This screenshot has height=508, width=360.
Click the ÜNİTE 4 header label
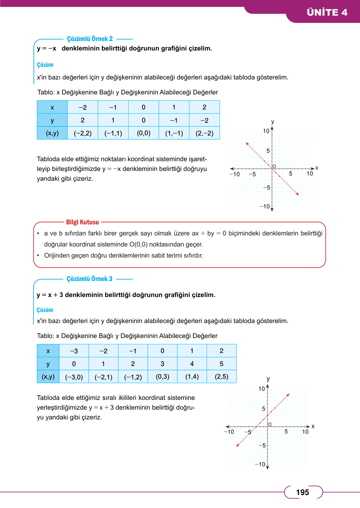point(327,12)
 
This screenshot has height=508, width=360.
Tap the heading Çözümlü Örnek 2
point(90,39)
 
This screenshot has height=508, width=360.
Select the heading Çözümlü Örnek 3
point(90,279)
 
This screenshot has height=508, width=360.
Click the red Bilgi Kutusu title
point(82,222)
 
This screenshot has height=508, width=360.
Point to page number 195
point(302,492)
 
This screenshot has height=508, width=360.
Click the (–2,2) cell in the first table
point(83,133)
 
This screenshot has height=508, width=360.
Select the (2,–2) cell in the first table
point(204,133)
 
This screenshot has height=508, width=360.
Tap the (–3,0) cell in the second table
point(74,377)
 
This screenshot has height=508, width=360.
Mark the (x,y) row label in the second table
point(48,377)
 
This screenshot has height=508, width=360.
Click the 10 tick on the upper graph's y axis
point(266,131)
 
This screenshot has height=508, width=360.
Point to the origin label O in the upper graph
point(274,166)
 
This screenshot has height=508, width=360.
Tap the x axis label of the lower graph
point(313,426)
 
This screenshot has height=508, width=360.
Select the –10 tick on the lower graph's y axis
point(260,464)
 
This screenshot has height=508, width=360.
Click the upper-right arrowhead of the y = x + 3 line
point(288,395)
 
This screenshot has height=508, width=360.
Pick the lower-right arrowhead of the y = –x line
point(298,194)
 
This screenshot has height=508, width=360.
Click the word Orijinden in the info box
point(57,256)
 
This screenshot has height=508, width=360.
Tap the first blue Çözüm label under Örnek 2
point(45,65)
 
